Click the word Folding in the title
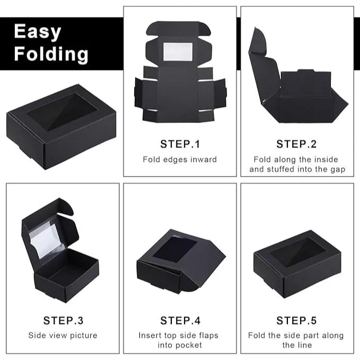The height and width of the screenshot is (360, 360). pos(51,54)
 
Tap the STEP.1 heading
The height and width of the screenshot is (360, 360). pos(180,144)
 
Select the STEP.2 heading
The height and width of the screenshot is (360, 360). pos(297,144)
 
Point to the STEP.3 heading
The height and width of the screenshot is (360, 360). pos(63,320)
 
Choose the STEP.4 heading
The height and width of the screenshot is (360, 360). pos(180,320)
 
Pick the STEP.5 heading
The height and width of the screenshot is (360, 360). pos(297,320)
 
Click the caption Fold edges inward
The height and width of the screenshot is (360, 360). pos(180,159)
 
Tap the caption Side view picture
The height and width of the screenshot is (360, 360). pos(63,335)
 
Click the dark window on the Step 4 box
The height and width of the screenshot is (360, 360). pos(174,248)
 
